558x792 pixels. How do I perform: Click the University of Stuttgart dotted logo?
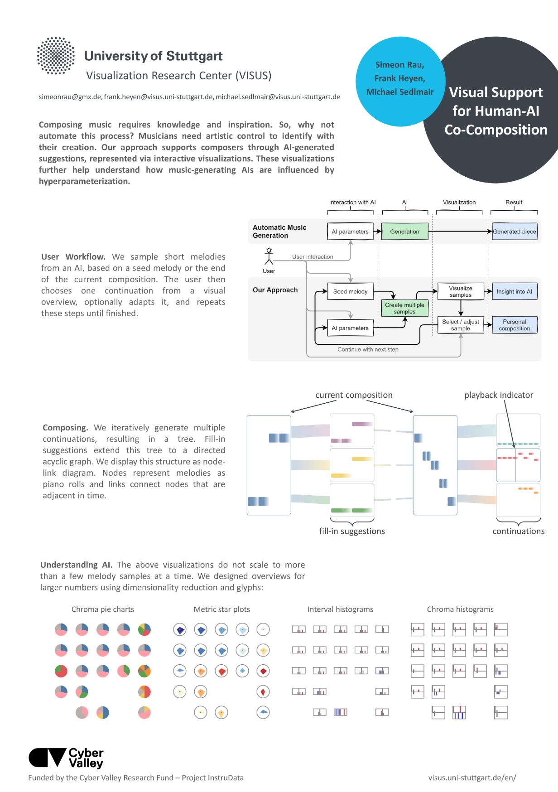pyautogui.click(x=56, y=56)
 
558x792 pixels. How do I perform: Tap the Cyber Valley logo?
pyautogui.click(x=66, y=758)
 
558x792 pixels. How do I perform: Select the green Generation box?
pyautogui.click(x=404, y=232)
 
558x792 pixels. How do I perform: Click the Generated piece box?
pyautogui.click(x=515, y=232)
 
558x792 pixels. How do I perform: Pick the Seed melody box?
pyautogui.click(x=350, y=291)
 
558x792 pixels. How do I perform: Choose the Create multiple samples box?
pyautogui.click(x=404, y=308)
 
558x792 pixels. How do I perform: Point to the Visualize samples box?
pyautogui.click(x=461, y=291)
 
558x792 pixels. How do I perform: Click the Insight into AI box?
pyautogui.click(x=515, y=291)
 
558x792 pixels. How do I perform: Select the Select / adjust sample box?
pyautogui.click(x=461, y=325)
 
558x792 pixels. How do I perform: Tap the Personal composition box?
pyautogui.click(x=515, y=325)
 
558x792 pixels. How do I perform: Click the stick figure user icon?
pyautogui.click(x=269, y=256)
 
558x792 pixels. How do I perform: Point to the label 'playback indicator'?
pyautogui.click(x=499, y=395)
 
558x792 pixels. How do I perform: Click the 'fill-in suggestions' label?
pyautogui.click(x=352, y=531)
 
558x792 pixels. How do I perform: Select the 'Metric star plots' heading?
pyautogui.click(x=222, y=609)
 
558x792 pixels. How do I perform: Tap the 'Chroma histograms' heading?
pyautogui.click(x=460, y=609)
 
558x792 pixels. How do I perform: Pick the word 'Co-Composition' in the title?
pyautogui.click(x=496, y=130)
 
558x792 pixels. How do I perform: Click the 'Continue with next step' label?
pyautogui.click(x=368, y=349)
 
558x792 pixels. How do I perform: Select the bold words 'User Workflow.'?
pyautogui.click(x=73, y=257)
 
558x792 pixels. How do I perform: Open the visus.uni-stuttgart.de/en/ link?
pyautogui.click(x=472, y=778)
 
